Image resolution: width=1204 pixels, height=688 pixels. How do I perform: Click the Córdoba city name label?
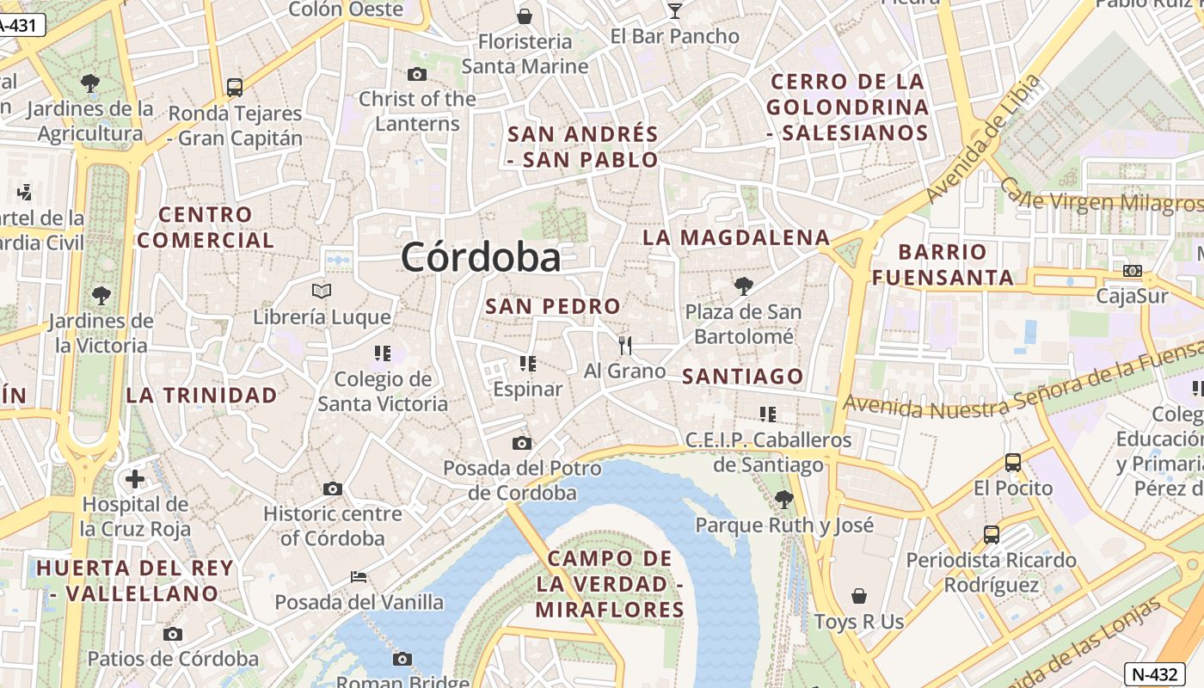pos(481,257)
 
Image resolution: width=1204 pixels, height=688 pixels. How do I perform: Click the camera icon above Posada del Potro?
pos(521,443)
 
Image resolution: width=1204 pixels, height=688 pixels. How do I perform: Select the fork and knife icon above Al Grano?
pos(625,346)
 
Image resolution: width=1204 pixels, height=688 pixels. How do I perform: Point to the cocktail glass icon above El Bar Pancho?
pos(674,10)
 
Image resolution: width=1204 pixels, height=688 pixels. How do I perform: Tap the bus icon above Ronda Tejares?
pos(234,87)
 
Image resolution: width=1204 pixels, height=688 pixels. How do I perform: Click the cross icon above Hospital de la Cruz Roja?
pos(135,478)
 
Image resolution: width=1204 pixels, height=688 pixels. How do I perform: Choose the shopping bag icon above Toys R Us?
pos(858,596)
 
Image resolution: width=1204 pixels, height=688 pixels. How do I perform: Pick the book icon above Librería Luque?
pos(322,292)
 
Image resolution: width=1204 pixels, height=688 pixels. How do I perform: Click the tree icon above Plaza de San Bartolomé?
pos(743,286)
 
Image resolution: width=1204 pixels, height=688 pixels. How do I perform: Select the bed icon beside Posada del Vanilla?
pos(359,576)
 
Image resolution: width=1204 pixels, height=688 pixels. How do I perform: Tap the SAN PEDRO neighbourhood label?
pos(553,306)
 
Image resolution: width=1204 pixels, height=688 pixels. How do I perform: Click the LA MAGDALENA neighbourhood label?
pos(736,237)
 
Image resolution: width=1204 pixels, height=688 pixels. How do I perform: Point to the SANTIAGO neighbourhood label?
pos(742,376)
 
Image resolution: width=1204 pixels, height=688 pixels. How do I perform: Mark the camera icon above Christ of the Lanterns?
pos(416,74)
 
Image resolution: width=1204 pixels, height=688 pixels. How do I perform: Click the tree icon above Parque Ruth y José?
pos(783,499)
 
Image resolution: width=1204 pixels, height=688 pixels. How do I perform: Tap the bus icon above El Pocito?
pos(1013,463)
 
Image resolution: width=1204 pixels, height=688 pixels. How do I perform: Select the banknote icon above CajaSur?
pos(1133,271)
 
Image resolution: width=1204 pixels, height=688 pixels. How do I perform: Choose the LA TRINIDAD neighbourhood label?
pos(202,396)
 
